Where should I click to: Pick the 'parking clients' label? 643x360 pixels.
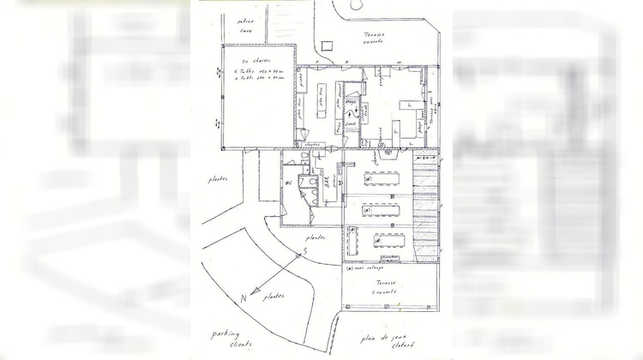coord(225,340)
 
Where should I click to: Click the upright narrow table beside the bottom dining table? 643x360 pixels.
coord(350,243)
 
